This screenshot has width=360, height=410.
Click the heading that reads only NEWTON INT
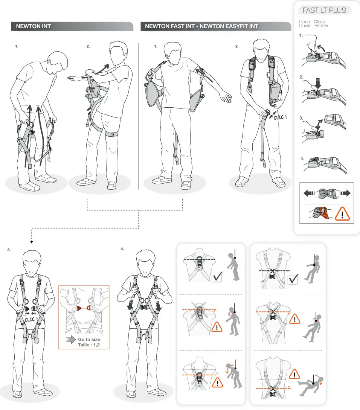(33, 26)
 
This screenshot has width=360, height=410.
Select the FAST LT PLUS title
(324, 10)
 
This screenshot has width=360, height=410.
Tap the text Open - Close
(312, 22)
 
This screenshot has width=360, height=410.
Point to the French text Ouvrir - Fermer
(313, 26)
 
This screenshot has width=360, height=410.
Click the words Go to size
(89, 340)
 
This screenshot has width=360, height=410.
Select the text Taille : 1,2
(89, 344)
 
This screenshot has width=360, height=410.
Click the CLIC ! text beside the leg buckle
(280, 117)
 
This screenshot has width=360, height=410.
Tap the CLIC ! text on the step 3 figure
(30, 320)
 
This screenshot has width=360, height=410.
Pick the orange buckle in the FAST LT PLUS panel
(322, 213)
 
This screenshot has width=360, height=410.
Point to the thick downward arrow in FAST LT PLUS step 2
(317, 83)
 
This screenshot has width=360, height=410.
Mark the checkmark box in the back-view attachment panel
(217, 277)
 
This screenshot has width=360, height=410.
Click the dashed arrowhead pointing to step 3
(32, 242)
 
